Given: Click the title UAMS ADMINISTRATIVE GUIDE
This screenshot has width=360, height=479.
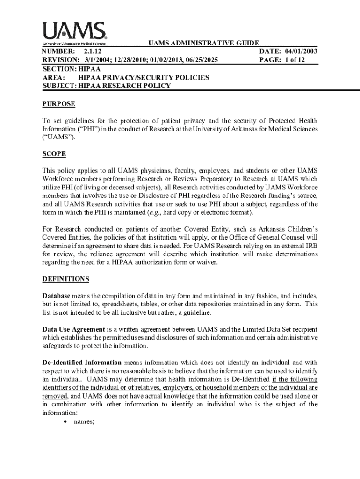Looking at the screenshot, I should click(x=203, y=44).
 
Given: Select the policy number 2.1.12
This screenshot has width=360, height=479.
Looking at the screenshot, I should click(x=93, y=51).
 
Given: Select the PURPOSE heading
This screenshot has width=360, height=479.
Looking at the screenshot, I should click(x=58, y=104).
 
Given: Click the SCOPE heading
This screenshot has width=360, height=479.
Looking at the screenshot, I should click(x=54, y=154).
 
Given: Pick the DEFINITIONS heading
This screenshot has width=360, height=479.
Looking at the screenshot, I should click(x=65, y=279).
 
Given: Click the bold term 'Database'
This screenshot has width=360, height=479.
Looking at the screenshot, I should click(x=57, y=296).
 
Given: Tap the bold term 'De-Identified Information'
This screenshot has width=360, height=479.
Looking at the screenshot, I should click(x=82, y=363).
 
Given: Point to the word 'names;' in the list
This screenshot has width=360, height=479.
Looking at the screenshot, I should click(x=84, y=422).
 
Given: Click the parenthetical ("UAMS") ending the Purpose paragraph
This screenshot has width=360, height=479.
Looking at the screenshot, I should click(x=58, y=138).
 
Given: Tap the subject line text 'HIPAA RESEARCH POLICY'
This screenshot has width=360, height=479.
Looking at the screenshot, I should click(x=124, y=86).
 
